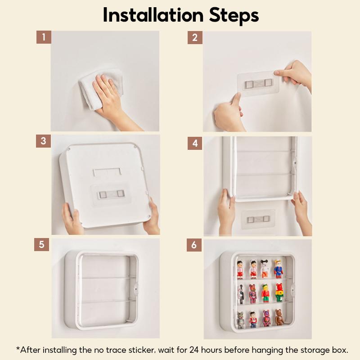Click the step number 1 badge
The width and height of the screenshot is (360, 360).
pyautogui.click(x=44, y=37)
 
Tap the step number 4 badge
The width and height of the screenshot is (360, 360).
pyautogui.click(x=195, y=143)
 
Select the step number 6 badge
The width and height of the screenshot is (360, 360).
pyautogui.click(x=194, y=245)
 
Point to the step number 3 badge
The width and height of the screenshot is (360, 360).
pyautogui.click(x=43, y=141)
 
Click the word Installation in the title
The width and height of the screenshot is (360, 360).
pyautogui.click(x=153, y=15)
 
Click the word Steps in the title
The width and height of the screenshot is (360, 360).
pyautogui.click(x=234, y=16)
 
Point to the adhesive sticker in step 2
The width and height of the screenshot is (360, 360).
pyautogui.click(x=258, y=83)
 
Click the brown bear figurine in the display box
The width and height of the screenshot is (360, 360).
pyautogui.click(x=279, y=317)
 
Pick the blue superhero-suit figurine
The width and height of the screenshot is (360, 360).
pyautogui.click(x=278, y=269)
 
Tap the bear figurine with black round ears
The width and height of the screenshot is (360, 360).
pyautogui.click(x=265, y=269)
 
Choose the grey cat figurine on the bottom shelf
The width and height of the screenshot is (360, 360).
pyautogui.click(x=240, y=320)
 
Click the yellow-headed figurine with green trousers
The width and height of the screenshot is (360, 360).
pyautogui.click(x=265, y=293)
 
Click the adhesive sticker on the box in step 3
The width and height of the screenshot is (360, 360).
pyautogui.click(x=111, y=194)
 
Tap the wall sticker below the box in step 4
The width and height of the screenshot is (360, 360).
pyautogui.click(x=258, y=219)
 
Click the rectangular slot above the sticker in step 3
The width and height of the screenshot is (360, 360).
pyautogui.click(x=107, y=172)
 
